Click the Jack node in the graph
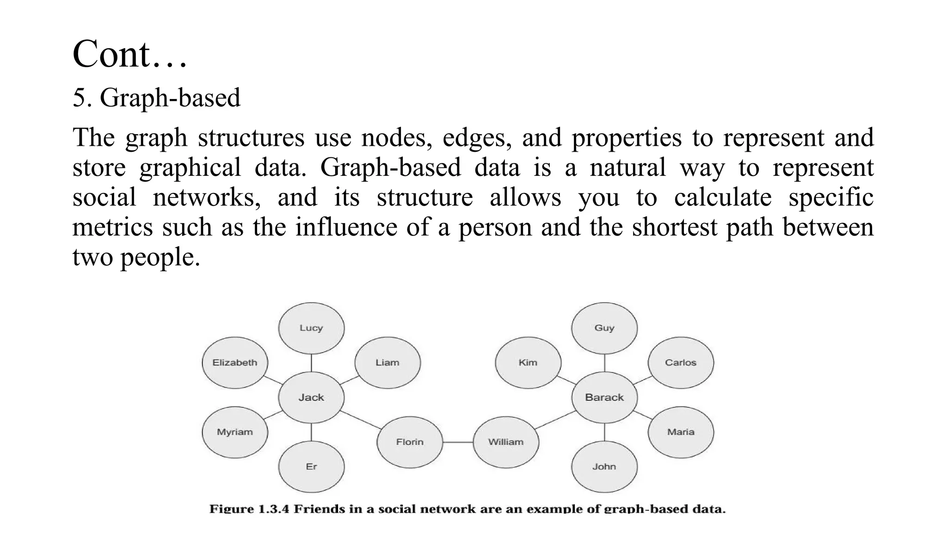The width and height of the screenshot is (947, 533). (x=311, y=397)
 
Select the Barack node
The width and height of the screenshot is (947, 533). (x=604, y=397)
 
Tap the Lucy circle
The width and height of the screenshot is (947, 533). (x=311, y=328)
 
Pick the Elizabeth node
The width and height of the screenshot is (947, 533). (x=235, y=362)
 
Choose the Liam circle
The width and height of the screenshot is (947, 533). (x=387, y=362)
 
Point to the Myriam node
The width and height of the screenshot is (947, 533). (x=235, y=432)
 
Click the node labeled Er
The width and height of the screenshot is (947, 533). (x=311, y=466)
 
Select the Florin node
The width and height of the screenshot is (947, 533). (x=410, y=442)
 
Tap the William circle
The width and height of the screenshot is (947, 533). (x=506, y=442)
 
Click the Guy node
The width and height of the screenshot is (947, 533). (x=604, y=328)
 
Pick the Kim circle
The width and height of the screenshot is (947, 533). (x=528, y=362)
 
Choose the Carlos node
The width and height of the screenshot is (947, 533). (x=681, y=362)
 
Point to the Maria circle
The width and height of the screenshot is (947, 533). (x=681, y=432)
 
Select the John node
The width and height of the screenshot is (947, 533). (x=604, y=466)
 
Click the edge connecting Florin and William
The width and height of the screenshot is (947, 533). (x=458, y=442)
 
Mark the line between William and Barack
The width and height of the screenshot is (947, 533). (x=555, y=420)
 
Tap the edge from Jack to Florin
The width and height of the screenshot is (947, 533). (x=361, y=420)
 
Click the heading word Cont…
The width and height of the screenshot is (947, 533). (x=130, y=55)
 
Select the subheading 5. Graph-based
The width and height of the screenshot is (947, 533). (x=156, y=98)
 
